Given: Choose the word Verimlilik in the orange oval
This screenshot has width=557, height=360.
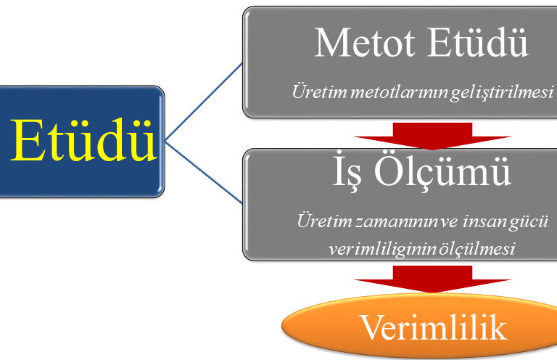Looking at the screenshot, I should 432,327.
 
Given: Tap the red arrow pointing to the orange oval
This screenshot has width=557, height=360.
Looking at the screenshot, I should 432,278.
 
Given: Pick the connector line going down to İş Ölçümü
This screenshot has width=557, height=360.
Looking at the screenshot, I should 204,171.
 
